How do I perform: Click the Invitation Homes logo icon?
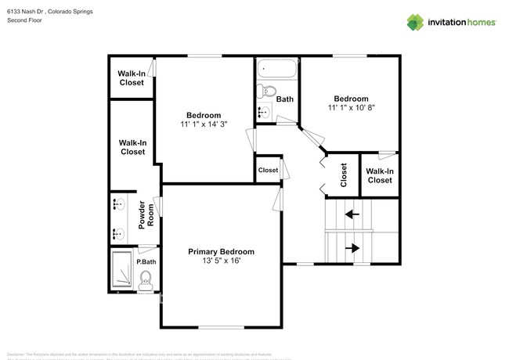[x=415, y=22]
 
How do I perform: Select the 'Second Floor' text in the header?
[x=24, y=20]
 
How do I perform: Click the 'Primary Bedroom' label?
[x=221, y=251]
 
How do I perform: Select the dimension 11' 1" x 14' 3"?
[x=204, y=124]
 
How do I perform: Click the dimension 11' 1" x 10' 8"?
[x=352, y=108]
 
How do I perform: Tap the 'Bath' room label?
[x=284, y=99]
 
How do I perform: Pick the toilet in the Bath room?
[x=264, y=90]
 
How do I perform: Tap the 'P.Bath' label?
[x=146, y=261]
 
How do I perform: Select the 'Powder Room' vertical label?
[x=143, y=215]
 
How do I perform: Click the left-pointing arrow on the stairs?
[x=352, y=213]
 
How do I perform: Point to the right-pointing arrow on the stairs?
[x=352, y=248]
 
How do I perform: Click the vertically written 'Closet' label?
[x=343, y=175]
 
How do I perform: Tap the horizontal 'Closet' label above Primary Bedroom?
[x=268, y=170]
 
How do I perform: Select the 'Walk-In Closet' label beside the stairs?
[x=380, y=175]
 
